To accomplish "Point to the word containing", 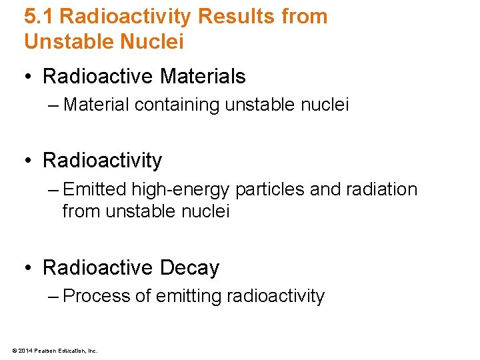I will (175, 105).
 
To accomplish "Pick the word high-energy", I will (180, 189).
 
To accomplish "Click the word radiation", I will (381, 189).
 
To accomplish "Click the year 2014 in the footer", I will (25, 350).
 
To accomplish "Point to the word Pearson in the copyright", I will (43, 350).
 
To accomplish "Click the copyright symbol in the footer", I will (14, 350).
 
